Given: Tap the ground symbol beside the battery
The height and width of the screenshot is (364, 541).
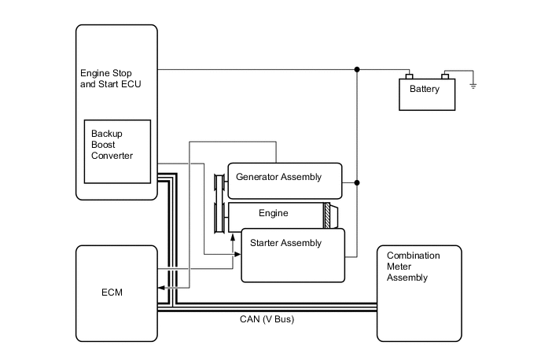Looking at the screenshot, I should (473, 84).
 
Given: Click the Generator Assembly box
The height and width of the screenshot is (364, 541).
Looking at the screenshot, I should (285, 180).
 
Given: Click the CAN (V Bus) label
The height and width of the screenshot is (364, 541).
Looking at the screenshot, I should (267, 319).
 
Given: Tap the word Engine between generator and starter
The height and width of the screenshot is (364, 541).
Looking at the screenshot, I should (273, 213).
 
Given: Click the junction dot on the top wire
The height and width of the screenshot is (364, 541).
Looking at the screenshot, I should (357, 69).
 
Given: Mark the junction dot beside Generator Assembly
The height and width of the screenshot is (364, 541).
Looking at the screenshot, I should (357, 182).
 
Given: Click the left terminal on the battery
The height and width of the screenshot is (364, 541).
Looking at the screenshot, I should (407, 76).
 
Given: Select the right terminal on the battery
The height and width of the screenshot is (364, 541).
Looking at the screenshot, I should (445, 76).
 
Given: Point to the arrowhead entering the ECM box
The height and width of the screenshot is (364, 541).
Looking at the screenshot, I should (160, 289).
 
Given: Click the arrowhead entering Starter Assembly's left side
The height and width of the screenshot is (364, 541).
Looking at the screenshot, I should (237, 254).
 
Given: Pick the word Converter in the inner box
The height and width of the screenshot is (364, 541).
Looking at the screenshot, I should (112, 156).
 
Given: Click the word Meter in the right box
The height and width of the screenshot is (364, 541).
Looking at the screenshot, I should (399, 267).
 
